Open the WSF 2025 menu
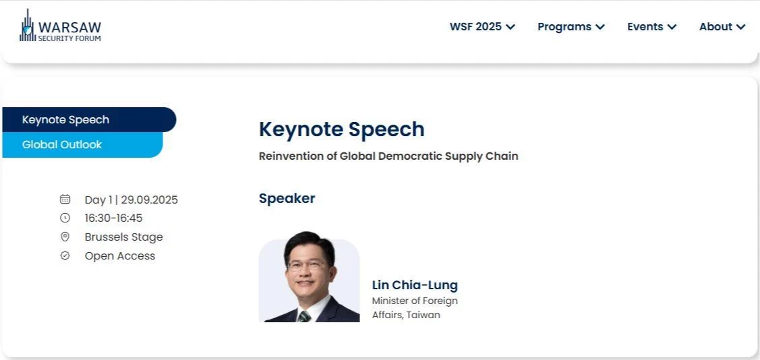click(481, 27)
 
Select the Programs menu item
click(571, 27)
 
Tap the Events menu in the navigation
click(651, 27)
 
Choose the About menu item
click(722, 27)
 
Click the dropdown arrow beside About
click(740, 27)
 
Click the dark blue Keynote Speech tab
click(89, 120)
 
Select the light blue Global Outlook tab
click(82, 145)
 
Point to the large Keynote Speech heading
click(342, 129)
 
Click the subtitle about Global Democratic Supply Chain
click(388, 156)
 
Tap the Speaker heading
click(287, 198)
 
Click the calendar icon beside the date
click(65, 199)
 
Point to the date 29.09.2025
click(149, 200)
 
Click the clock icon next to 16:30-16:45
click(65, 218)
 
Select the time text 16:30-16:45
click(113, 218)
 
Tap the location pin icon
click(65, 237)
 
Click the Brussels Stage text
click(123, 237)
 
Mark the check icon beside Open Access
click(65, 256)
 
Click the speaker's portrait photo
click(310, 276)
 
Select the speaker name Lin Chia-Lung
click(415, 285)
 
